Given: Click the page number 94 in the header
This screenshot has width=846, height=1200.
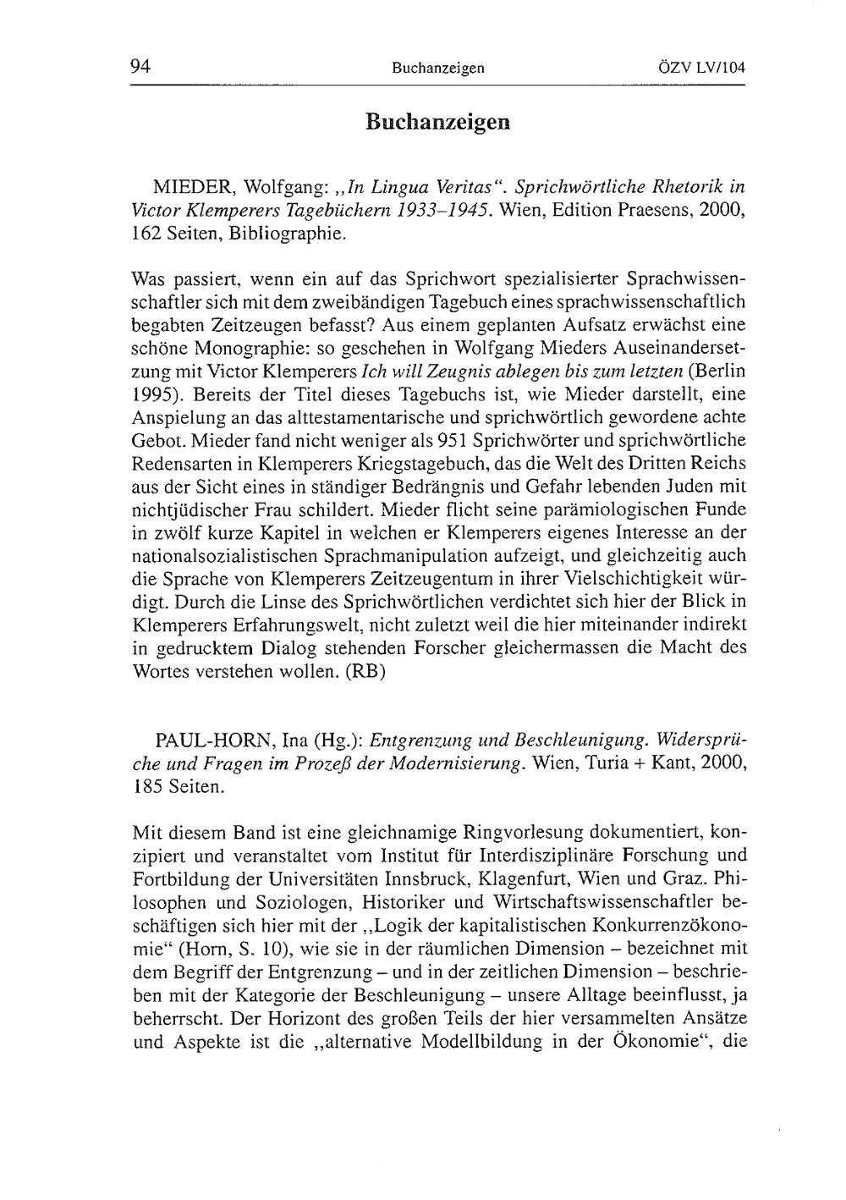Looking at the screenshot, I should tap(140, 68).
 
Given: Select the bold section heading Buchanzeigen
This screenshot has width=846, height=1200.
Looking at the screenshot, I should tap(438, 122).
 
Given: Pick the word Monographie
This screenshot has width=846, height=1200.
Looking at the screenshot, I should tap(244, 348).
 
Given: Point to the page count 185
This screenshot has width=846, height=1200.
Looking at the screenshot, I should tap(148, 787).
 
